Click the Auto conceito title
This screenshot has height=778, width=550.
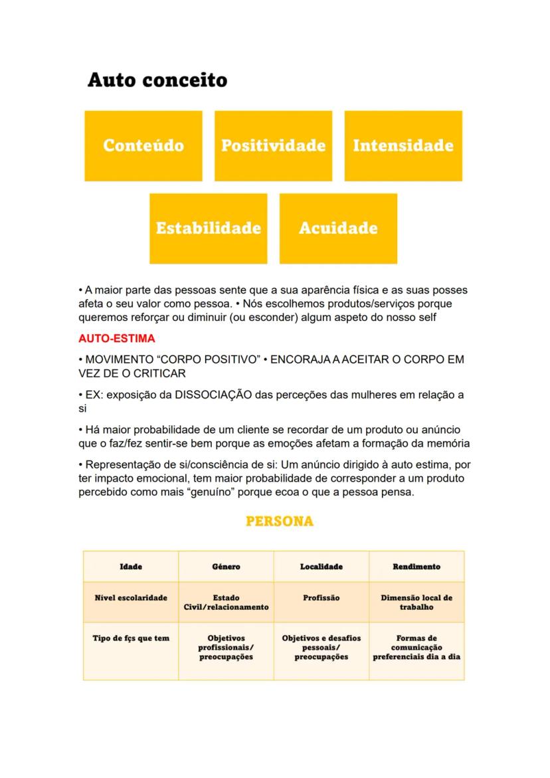(x=157, y=81)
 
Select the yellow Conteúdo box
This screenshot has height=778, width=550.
(x=143, y=146)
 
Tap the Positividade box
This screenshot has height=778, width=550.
(x=273, y=146)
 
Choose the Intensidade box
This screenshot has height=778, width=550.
(x=403, y=146)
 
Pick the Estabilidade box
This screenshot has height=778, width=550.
(x=208, y=228)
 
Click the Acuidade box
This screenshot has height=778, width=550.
(x=338, y=228)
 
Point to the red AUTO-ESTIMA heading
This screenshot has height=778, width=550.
(x=117, y=339)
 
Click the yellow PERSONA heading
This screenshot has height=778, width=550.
(x=280, y=522)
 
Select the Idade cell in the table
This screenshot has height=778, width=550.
(x=131, y=567)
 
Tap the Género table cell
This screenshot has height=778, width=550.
(x=226, y=567)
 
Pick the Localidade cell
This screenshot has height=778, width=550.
(x=321, y=567)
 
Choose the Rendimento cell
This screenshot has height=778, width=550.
(x=416, y=567)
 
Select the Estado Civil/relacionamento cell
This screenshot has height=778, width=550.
(x=226, y=603)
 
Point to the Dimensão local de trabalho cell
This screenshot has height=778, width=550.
(x=416, y=603)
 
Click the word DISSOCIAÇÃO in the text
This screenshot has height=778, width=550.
(x=213, y=395)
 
